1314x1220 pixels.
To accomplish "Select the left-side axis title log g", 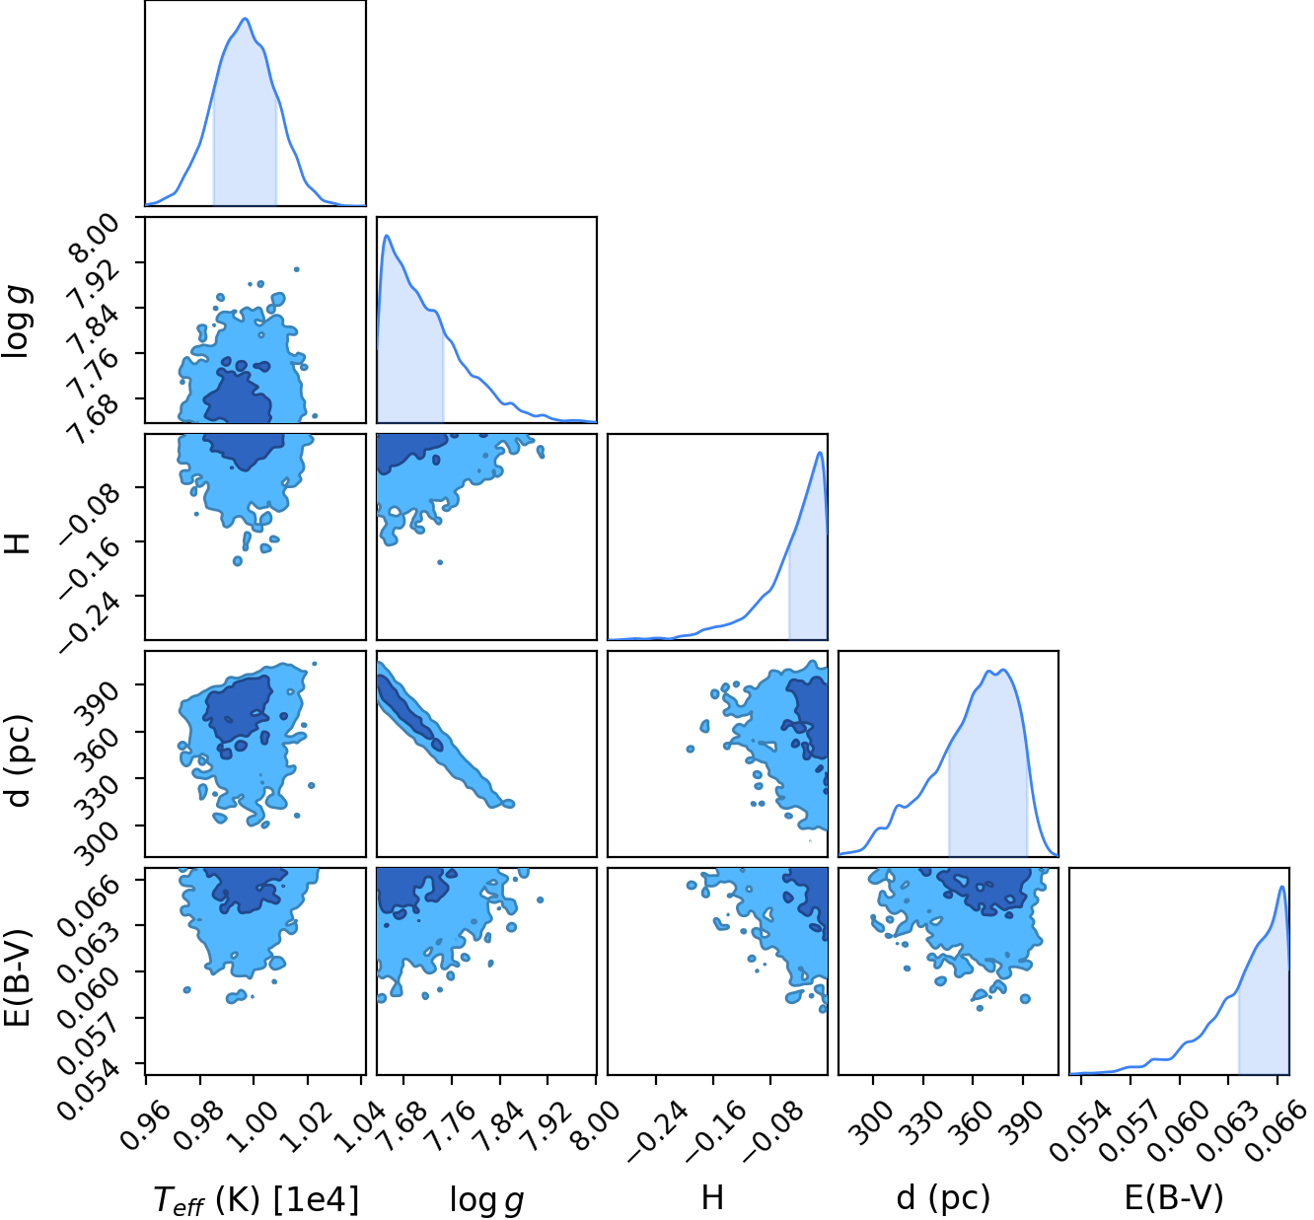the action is tap(17, 322).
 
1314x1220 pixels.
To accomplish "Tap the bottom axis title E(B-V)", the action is tap(1174, 1197).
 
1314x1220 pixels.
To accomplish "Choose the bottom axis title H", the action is tap(712, 1197).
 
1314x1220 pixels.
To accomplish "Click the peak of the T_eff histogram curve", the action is tap(246, 18).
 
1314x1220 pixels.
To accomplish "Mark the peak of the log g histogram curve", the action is tap(387, 235).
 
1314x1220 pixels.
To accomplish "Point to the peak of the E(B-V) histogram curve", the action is tap(1281, 887).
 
